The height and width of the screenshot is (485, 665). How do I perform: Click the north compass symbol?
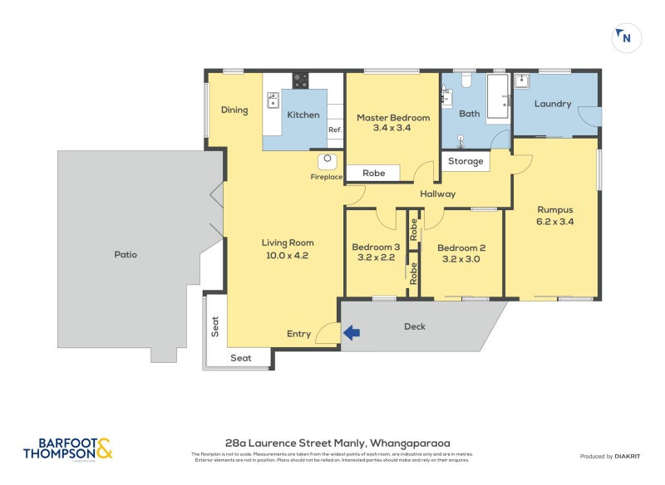[628, 37]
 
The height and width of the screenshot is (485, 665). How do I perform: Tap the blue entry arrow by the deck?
[352, 333]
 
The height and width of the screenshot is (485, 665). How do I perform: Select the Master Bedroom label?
[393, 118]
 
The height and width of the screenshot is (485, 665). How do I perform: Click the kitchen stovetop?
[300, 81]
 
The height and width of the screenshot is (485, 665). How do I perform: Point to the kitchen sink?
[273, 100]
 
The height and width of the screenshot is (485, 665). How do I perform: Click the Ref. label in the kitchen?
[335, 130]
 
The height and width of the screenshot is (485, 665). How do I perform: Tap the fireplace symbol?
[328, 161]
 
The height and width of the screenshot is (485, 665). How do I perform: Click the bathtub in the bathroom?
[497, 98]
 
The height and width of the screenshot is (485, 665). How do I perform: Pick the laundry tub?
[523, 81]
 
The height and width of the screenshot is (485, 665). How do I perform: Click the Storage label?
[465, 161]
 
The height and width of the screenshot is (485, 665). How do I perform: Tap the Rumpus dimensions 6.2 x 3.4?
[555, 222]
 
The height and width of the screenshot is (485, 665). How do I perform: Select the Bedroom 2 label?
[461, 247]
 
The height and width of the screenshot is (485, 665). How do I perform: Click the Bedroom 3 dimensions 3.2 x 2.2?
[376, 258]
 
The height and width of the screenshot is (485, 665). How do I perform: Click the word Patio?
[126, 254]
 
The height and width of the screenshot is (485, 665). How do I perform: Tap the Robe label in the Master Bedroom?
[373, 174]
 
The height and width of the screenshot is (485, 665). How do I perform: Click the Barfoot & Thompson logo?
[66, 448]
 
